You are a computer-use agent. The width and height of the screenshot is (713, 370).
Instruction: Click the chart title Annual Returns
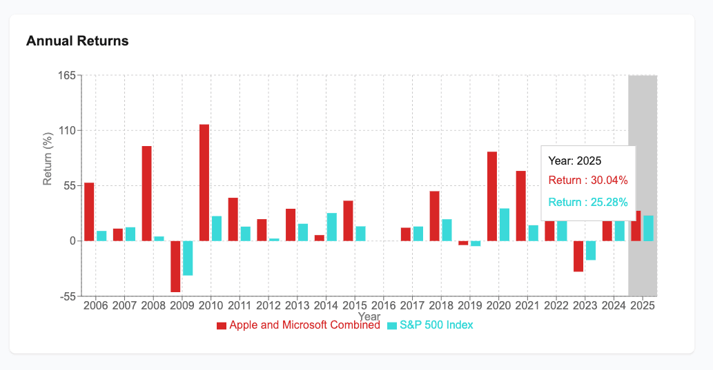(77, 41)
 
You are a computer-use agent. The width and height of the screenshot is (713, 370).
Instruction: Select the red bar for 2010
(204, 183)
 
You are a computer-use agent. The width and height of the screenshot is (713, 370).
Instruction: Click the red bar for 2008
(146, 193)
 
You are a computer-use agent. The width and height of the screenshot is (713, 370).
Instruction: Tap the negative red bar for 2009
(175, 266)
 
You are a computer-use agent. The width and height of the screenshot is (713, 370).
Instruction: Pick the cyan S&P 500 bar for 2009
(188, 258)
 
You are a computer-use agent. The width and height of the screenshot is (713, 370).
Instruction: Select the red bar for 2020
(492, 196)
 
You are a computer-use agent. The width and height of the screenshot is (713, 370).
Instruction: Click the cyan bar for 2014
(332, 227)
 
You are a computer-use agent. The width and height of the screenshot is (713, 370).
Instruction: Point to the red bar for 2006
(89, 212)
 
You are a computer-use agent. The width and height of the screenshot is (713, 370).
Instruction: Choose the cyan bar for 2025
(648, 228)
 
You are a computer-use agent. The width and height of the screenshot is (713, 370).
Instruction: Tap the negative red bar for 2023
(578, 256)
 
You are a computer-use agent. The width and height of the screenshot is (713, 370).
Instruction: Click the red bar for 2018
(435, 216)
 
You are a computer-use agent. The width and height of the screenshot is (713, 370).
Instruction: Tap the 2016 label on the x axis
(384, 305)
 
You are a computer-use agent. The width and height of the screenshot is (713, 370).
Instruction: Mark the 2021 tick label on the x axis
(527, 305)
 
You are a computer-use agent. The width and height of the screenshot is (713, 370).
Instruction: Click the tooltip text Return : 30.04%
(588, 181)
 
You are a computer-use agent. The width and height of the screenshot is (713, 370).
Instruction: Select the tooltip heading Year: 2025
(575, 161)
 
